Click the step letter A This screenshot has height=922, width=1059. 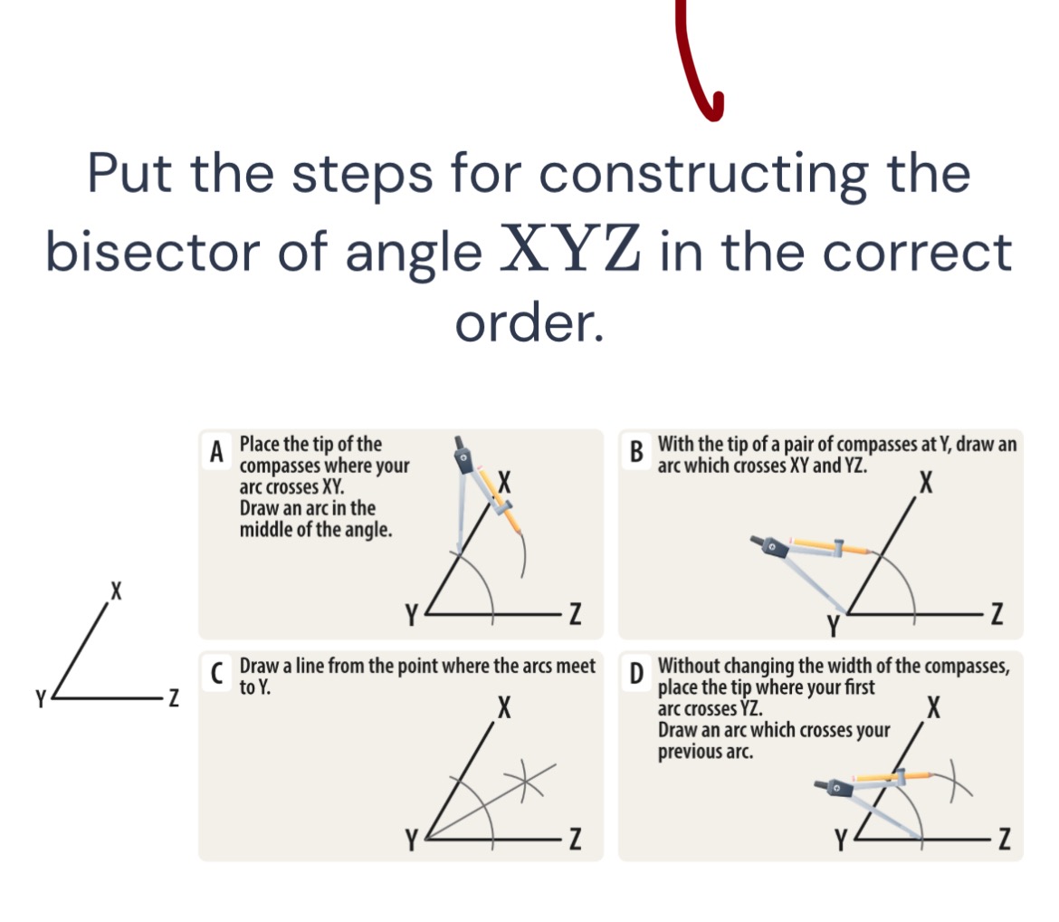216,452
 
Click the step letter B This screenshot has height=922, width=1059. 636,452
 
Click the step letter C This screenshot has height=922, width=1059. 216,673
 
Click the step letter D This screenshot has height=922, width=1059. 636,673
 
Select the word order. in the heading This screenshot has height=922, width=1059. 529,323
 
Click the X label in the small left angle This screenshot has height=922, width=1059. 116,591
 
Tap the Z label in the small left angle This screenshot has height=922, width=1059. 174,696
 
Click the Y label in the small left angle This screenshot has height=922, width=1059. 42,698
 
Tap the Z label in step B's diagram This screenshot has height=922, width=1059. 997,614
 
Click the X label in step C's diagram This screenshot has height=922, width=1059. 504,708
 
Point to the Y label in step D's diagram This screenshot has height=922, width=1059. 840,840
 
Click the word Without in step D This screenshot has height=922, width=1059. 692,666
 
